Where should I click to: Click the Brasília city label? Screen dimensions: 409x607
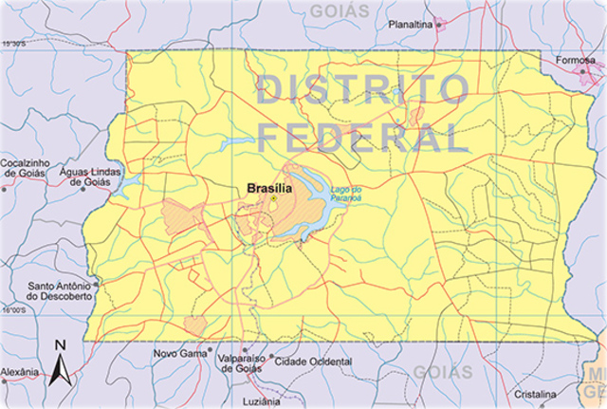269,189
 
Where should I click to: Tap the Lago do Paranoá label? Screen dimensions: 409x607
348,195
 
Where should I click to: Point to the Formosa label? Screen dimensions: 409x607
575,61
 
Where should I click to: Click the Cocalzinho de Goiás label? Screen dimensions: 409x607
30,167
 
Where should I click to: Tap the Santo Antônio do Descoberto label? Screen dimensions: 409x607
61,290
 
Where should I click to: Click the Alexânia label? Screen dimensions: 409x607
19,371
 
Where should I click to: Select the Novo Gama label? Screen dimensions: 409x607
179,354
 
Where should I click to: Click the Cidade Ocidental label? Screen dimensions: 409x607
311,362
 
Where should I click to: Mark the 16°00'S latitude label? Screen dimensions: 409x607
13,311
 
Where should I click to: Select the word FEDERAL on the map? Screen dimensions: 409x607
363,139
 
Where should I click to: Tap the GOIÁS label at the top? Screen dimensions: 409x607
339,11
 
